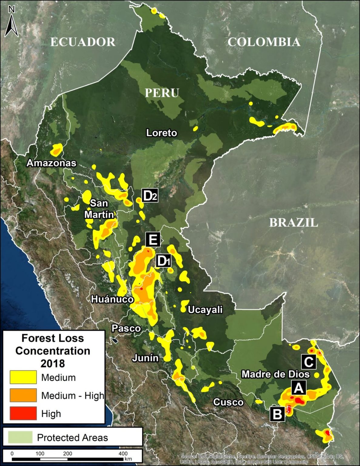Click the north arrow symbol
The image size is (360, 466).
12,23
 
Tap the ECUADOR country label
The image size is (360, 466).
83,42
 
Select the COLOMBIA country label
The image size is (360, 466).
264,42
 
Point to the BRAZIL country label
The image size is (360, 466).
294,223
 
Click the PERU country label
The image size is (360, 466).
162,93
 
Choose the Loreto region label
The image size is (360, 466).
162,133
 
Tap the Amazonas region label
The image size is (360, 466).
52,163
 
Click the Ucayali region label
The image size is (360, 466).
205,310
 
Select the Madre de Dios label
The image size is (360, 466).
275,374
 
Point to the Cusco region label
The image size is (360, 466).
228,402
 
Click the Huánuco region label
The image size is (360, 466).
112,299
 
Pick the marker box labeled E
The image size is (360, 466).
153,240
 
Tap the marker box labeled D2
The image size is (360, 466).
150,196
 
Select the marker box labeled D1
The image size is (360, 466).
163,261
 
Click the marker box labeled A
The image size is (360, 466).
298,388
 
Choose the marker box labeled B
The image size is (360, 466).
277,414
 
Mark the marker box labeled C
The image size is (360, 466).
308,362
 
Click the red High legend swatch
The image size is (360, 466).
23,413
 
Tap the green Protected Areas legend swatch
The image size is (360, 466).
20,437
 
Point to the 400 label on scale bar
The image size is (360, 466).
123,453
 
